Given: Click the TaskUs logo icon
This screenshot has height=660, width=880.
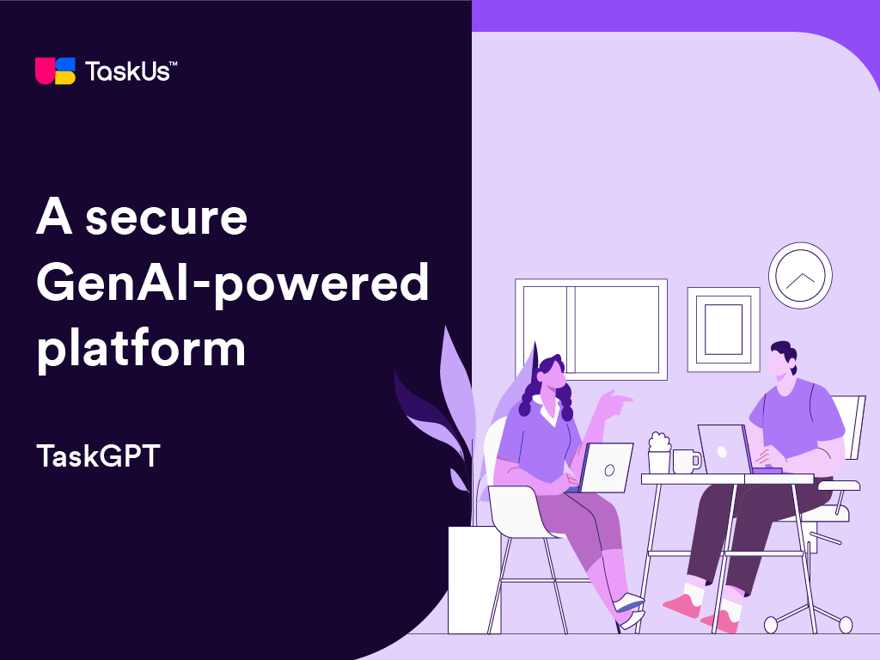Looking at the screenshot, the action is click(55, 71).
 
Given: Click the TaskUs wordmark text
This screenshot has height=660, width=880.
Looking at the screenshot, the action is click(131, 71).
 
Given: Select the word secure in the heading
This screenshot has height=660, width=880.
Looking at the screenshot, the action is click(166, 217).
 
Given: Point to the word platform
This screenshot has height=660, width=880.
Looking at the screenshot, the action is click(141, 348).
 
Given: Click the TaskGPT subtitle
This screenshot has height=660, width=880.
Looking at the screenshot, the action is click(98, 455).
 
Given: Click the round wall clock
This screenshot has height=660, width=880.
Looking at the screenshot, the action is click(800, 276).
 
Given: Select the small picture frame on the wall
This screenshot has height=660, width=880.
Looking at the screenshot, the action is click(724, 329).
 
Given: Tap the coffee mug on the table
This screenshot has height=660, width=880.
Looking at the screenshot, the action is click(686, 461).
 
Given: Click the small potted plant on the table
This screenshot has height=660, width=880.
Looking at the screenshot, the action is click(659, 453).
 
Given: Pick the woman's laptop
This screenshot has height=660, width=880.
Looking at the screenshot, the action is click(605, 468).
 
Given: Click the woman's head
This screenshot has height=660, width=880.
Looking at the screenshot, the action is click(551, 373).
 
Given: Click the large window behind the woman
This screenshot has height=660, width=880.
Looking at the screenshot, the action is click(591, 329).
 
